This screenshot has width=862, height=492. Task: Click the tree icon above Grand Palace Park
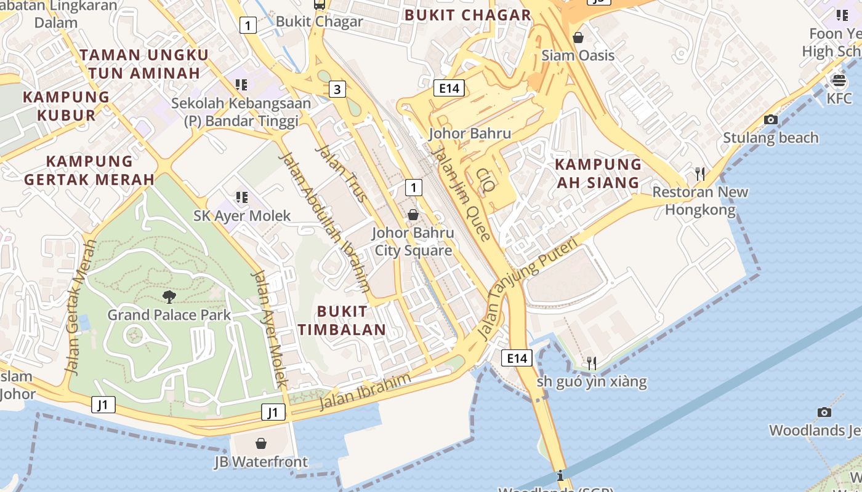click(169, 298)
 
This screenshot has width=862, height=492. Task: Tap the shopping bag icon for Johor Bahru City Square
click(413, 215)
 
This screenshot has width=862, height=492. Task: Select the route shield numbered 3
click(336, 89)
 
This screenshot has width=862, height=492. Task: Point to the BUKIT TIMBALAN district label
click(342, 320)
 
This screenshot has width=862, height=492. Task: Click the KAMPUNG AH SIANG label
click(598, 173)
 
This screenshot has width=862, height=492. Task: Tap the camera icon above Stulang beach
click(770, 120)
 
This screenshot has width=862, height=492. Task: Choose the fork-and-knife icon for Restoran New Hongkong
click(699, 174)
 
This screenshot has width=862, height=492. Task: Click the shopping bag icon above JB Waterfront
click(261, 443)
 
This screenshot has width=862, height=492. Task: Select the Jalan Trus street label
click(341, 173)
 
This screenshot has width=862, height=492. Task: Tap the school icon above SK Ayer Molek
click(241, 197)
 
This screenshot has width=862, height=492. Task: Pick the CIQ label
click(486, 180)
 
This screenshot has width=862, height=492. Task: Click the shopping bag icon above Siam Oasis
click(578, 38)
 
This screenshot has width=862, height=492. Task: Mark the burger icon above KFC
click(839, 81)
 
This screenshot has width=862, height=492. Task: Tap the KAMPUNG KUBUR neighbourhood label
click(66, 106)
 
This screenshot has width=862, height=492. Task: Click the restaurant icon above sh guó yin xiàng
click(591, 363)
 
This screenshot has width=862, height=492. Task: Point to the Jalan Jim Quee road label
click(461, 194)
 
